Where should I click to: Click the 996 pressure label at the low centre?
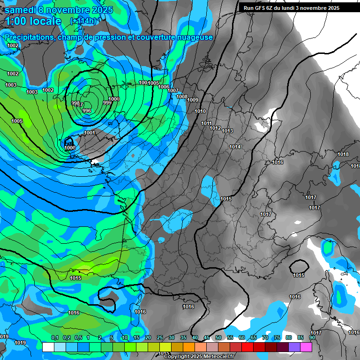[87, 111]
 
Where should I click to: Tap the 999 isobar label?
[107, 103]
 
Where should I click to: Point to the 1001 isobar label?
[90, 133]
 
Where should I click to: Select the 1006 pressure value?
[164, 87]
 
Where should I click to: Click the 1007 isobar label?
[173, 90]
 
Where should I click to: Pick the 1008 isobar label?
[182, 97]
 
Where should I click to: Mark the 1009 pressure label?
[193, 100]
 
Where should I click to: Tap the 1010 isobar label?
[200, 111]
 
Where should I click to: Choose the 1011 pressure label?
[206, 123]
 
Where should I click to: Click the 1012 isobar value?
[215, 128]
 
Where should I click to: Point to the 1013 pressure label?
[227, 131]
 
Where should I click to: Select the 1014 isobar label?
[235, 147]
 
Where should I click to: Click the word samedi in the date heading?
[23, 10]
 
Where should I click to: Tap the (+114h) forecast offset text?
[83, 21]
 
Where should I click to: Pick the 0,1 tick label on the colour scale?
[54, 337]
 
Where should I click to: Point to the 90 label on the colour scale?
[312, 337]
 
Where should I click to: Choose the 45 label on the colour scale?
[207, 337]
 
